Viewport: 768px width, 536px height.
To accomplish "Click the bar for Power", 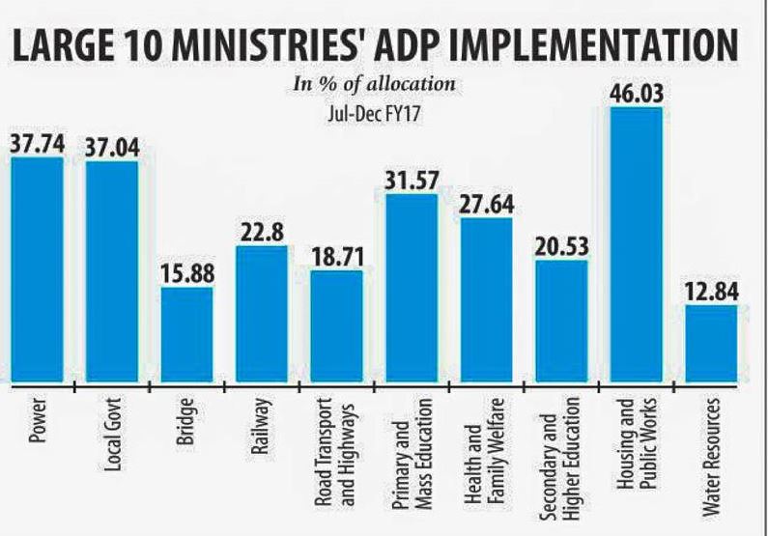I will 37,270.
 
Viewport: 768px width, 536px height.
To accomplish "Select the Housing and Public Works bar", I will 637,245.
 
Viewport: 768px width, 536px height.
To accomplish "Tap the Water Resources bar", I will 712,344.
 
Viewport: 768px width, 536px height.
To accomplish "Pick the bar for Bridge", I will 187,335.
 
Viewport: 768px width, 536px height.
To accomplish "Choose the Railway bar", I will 262,315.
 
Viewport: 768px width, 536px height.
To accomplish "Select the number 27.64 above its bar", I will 486,205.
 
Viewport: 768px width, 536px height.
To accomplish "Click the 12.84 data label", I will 712,291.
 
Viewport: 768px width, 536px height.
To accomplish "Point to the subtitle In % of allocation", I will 374,84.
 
